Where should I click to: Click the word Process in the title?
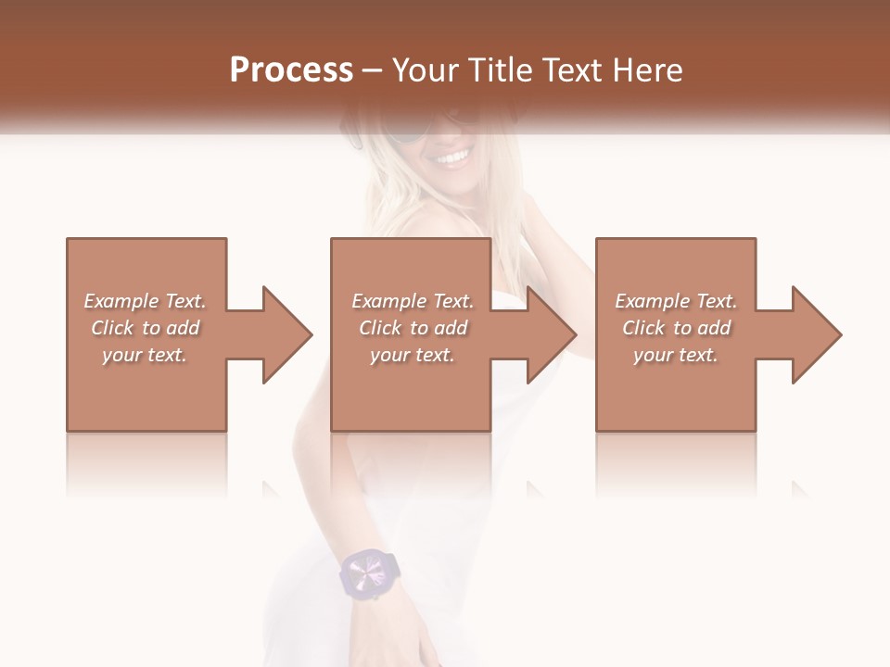click(291, 70)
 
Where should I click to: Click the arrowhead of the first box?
click(284, 334)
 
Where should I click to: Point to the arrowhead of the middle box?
click(548, 334)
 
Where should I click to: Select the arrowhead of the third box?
click(813, 334)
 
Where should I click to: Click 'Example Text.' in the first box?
click(145, 301)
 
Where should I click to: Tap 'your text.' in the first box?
click(145, 355)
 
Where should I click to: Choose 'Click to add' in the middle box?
click(413, 328)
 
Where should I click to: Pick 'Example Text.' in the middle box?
click(413, 301)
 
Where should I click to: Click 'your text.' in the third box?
click(676, 355)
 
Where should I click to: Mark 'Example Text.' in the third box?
click(676, 301)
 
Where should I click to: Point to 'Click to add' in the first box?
click(145, 328)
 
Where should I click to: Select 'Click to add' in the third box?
click(676, 328)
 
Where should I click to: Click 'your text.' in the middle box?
click(413, 355)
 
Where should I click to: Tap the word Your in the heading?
click(425, 70)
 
